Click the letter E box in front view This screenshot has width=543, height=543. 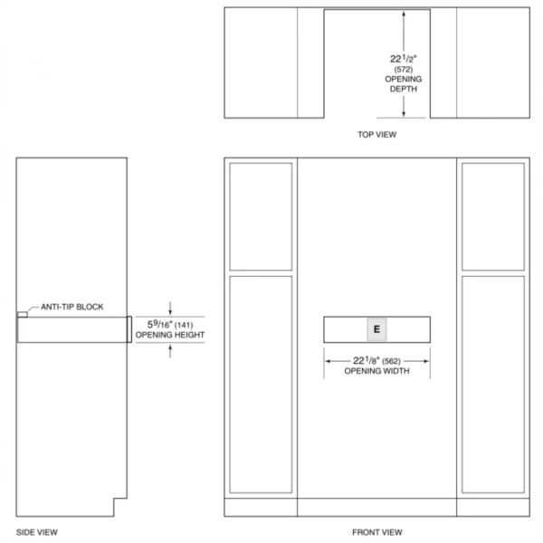click(x=376, y=329)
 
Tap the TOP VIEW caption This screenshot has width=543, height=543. click(x=376, y=134)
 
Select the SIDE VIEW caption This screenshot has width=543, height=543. click(x=37, y=532)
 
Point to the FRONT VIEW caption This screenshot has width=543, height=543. click(x=377, y=532)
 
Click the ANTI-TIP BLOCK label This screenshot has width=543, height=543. click(x=72, y=307)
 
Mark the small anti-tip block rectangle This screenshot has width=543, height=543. click(x=23, y=314)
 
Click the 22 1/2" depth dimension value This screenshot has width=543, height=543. click(x=403, y=59)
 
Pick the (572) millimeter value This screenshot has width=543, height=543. click(x=404, y=70)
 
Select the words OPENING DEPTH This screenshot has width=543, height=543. click(x=404, y=84)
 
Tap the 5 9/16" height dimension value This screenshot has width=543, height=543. click(x=159, y=324)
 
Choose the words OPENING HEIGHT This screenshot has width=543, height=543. click(x=170, y=335)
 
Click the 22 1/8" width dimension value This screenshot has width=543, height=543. click(x=366, y=360)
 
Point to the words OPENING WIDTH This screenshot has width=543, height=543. click(x=376, y=371)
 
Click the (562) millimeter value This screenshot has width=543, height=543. click(x=391, y=361)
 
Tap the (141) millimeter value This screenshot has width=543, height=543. click(x=184, y=325)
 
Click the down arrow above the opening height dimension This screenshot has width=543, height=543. click(x=170, y=309)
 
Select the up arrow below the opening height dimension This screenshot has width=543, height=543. click(x=170, y=351)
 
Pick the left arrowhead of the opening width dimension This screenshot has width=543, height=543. click(x=328, y=361)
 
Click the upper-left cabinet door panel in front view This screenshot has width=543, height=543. click(x=261, y=216)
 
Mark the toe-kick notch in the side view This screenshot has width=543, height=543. click(x=120, y=508)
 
